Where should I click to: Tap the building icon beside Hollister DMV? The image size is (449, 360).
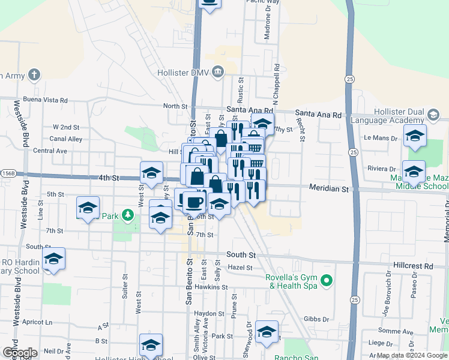217,72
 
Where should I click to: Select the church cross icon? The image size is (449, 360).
35,74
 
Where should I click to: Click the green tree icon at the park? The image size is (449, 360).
127,215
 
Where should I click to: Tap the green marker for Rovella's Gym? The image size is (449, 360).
327,280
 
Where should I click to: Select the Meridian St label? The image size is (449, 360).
328,188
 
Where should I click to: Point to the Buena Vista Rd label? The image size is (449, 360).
45,100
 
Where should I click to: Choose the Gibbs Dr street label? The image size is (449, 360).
318,319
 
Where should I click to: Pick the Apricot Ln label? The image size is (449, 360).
37,322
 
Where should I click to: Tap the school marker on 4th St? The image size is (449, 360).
151,173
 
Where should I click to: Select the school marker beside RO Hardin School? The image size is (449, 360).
54,259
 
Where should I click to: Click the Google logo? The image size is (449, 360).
19,353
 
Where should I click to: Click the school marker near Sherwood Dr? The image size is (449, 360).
267,332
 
